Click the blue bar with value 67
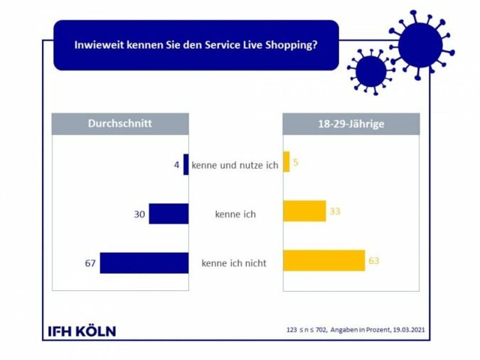pyautogui.click(x=144, y=263)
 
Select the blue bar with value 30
pyautogui.click(x=169, y=213)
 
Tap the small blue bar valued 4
pyautogui.click(x=186, y=164)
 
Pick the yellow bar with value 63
pyautogui.click(x=324, y=260)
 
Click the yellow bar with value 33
pyautogui.click(x=304, y=211)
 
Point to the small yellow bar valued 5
pyautogui.click(x=286, y=162)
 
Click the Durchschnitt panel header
pyautogui.click(x=120, y=124)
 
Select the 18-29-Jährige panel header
pyautogui.click(x=351, y=124)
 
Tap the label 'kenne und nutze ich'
pyautogui.click(x=235, y=165)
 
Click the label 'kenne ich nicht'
pyautogui.click(x=234, y=263)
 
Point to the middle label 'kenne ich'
pyautogui.click(x=235, y=213)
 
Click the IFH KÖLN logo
pyautogui.click(x=82, y=331)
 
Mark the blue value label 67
pyautogui.click(x=90, y=263)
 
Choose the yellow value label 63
pyautogui.click(x=374, y=260)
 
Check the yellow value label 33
pyautogui.click(x=335, y=211)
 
